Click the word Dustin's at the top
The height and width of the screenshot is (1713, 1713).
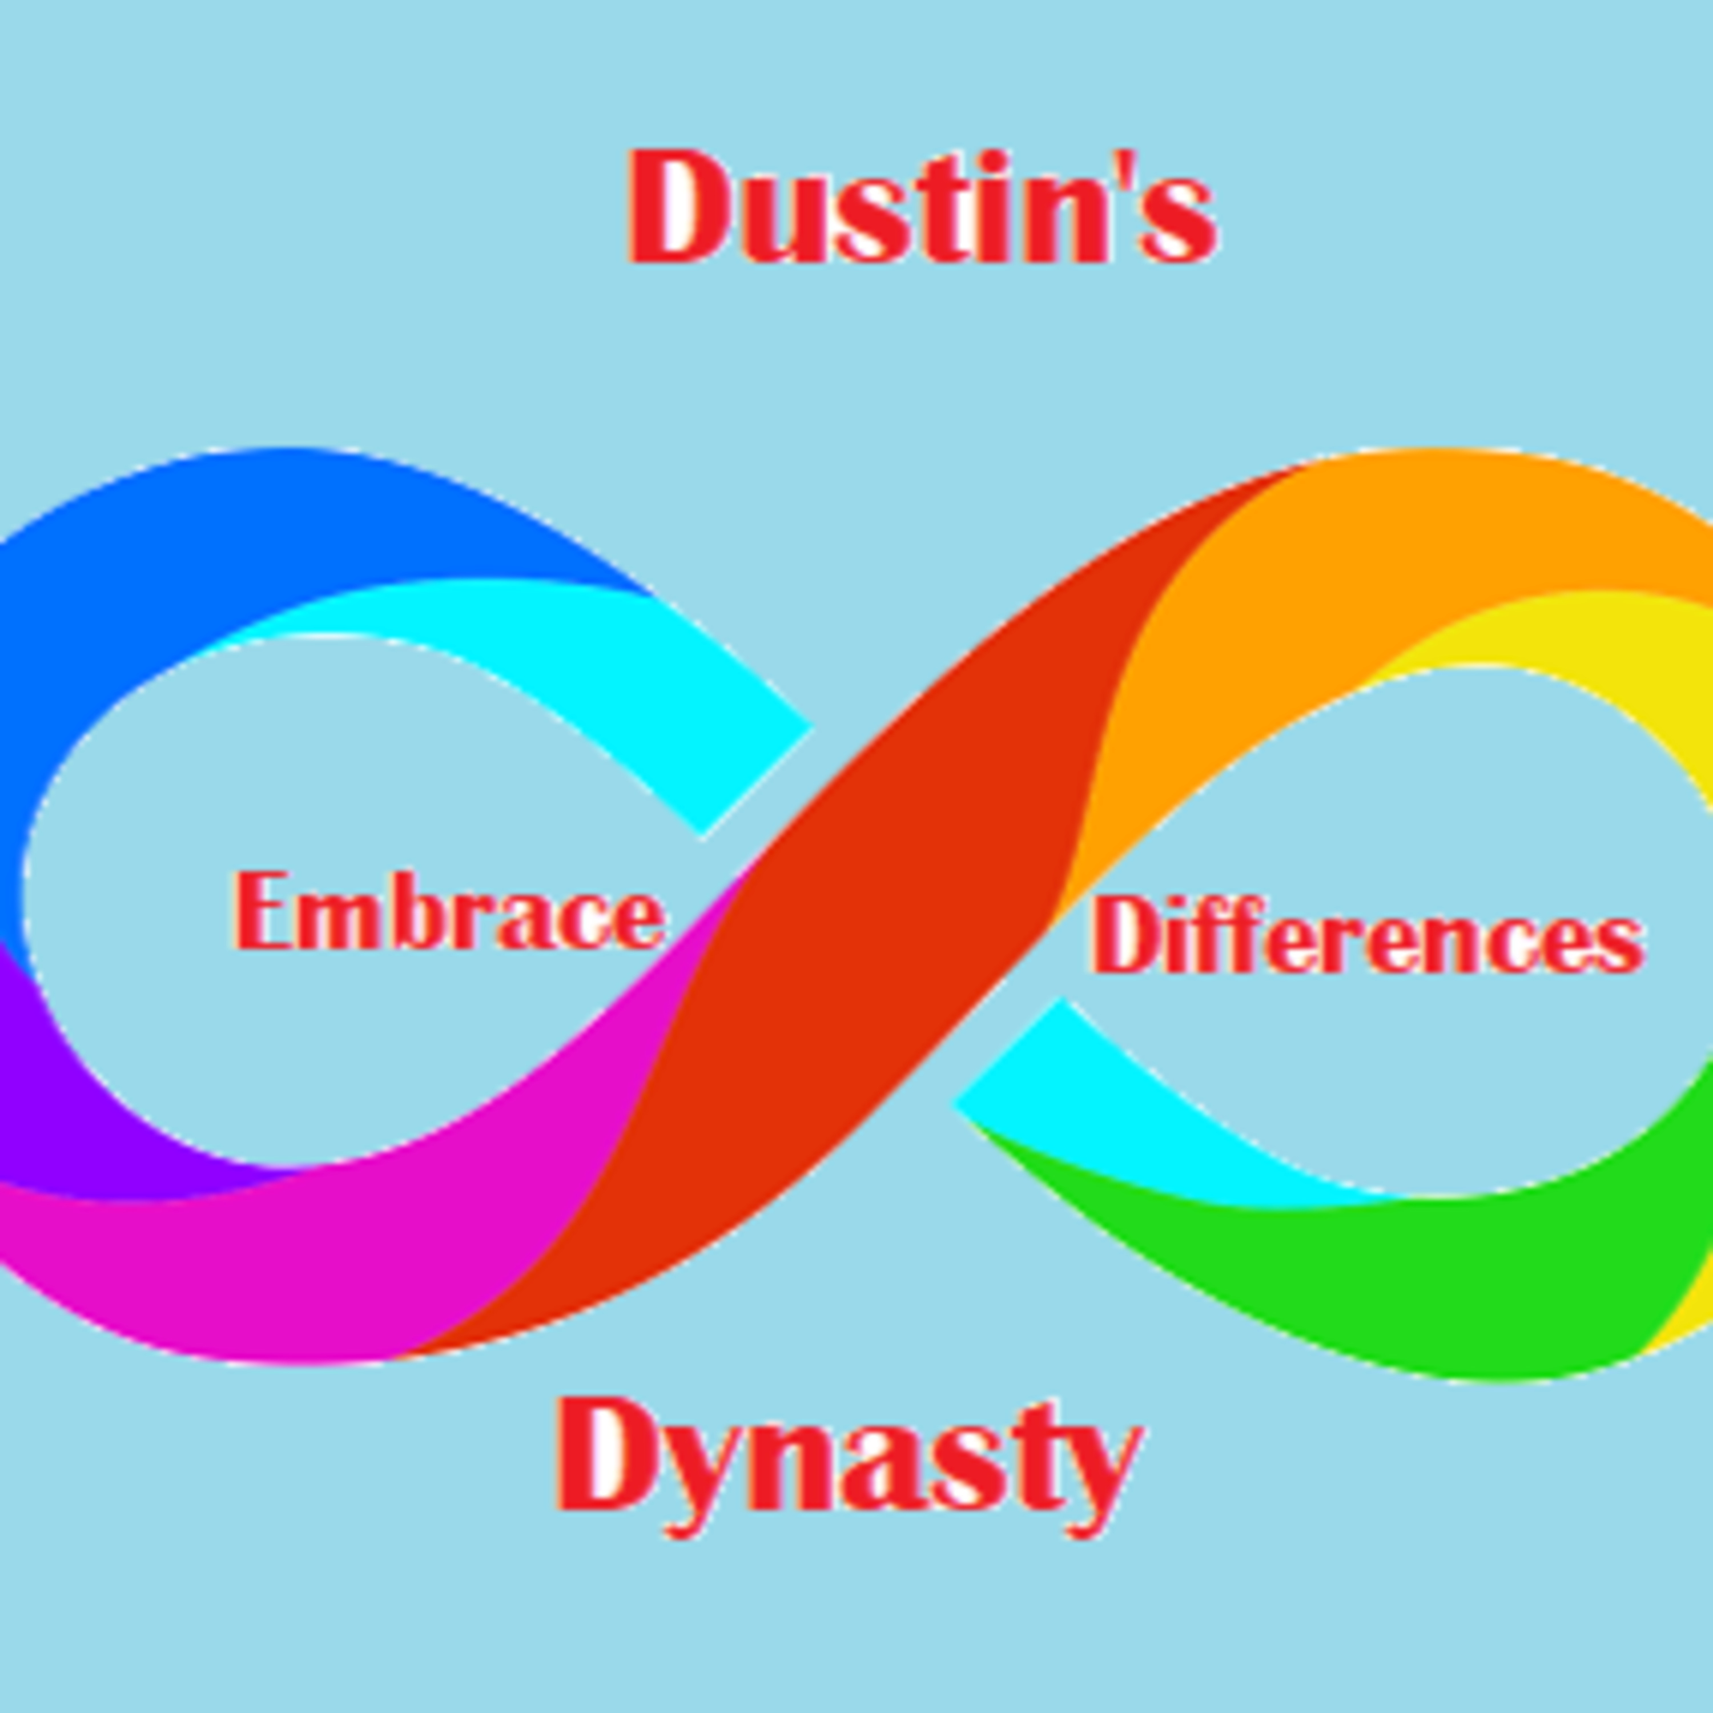pos(922,208)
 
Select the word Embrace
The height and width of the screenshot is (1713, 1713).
pos(449,911)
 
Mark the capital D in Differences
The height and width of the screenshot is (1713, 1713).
pos(1120,935)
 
